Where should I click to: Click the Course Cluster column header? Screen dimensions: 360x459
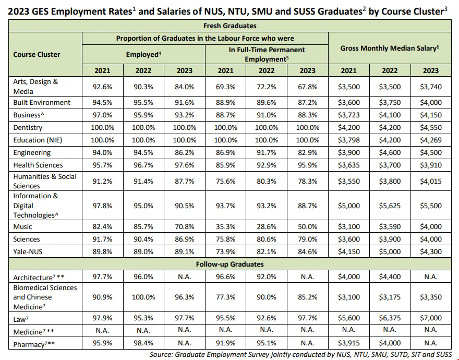pyautogui.click(x=37, y=54)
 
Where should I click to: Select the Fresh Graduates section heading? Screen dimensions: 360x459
pyautogui.click(x=229, y=26)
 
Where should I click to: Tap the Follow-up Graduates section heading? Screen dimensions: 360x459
pyautogui.click(x=229, y=264)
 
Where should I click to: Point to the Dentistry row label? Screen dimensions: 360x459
pyautogui.click(x=28, y=127)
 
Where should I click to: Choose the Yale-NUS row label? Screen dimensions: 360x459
pyautogui.click(x=27, y=251)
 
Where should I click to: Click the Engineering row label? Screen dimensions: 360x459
pyautogui.click(x=32, y=152)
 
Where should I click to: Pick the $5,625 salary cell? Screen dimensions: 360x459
pyautogui.click(x=390, y=206)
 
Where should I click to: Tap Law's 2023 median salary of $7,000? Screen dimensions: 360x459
pyautogui.click(x=431, y=318)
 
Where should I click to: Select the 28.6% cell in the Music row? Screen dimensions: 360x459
pyautogui.click(x=267, y=226)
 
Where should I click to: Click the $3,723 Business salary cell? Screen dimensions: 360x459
pyautogui.click(x=349, y=115)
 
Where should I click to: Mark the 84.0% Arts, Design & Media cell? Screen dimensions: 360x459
pyautogui.click(x=184, y=86)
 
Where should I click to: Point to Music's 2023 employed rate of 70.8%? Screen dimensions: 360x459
pyautogui.click(x=184, y=226)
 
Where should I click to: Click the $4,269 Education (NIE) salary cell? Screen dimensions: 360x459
pyautogui.click(x=431, y=140)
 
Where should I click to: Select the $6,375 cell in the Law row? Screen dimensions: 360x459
pyautogui.click(x=390, y=318)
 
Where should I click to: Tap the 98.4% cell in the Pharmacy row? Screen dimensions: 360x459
pyautogui.click(x=143, y=344)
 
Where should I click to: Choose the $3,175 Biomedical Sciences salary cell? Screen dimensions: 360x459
pyautogui.click(x=390, y=297)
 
